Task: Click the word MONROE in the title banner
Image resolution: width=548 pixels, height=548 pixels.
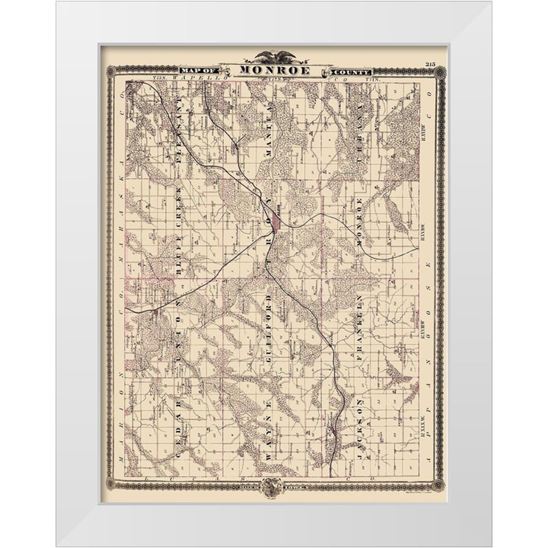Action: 273,71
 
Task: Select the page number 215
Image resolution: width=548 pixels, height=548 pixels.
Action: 429,65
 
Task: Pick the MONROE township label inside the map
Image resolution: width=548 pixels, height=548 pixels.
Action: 360,225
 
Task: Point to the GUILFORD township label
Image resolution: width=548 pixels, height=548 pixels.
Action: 269,329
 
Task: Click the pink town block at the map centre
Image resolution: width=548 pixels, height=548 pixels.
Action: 277,222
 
